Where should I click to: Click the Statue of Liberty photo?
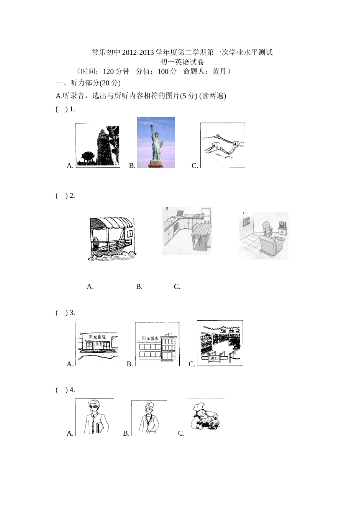click(x=156, y=143)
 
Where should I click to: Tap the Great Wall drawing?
click(x=223, y=145)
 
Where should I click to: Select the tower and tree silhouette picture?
click(x=98, y=146)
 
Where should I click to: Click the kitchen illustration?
click(x=187, y=231)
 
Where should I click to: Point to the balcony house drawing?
click(x=111, y=239)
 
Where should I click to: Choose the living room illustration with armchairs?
click(x=264, y=235)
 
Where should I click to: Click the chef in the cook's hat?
click(x=205, y=417)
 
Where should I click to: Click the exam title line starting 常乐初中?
click(x=182, y=52)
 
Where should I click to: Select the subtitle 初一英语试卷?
click(x=182, y=62)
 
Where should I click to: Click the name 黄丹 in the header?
click(x=220, y=71)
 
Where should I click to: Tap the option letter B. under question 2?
click(x=139, y=287)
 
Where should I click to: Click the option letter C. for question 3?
click(x=192, y=364)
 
